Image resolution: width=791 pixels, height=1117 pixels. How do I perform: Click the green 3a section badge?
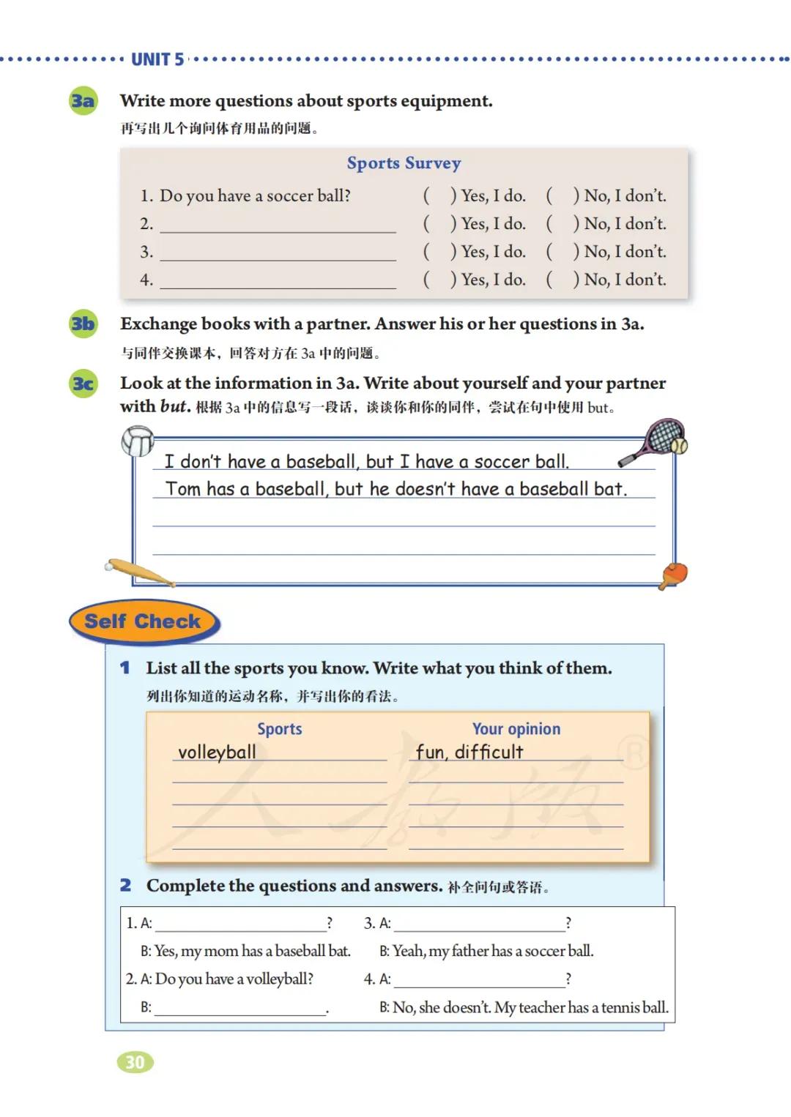tap(83, 100)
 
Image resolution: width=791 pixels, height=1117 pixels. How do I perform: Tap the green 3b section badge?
tap(83, 323)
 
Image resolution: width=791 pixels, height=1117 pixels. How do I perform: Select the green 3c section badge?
tap(83, 383)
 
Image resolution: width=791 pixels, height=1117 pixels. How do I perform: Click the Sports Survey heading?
tap(404, 162)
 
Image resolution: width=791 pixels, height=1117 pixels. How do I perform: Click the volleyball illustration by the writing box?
tap(137, 441)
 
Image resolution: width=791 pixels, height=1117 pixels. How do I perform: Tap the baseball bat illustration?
tap(139, 573)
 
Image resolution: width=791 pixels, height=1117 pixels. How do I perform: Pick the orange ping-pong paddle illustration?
tap(673, 575)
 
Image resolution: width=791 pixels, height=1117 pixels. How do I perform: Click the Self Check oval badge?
tap(143, 621)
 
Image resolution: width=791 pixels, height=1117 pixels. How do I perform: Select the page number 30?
tap(135, 1062)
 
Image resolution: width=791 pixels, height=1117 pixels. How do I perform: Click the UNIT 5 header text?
tap(157, 60)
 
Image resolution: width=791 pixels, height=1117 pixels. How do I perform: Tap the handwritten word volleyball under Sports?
tap(217, 752)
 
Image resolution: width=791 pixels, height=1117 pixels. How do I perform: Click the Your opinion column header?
tap(516, 728)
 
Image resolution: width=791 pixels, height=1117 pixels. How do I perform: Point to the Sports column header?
tap(279, 728)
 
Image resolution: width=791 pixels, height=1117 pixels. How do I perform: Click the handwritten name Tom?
tap(183, 488)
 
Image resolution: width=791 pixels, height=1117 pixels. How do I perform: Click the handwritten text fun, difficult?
tap(469, 752)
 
